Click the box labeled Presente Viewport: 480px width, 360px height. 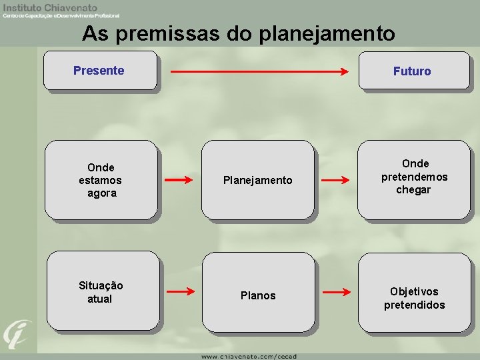tap(100, 70)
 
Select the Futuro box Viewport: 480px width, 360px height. tap(414, 70)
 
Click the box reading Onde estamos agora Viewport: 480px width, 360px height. tap(101, 180)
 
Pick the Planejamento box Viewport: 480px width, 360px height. tap(257, 180)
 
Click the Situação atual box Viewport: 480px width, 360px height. tap(101, 291)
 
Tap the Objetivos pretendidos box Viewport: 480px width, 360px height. tap(414, 292)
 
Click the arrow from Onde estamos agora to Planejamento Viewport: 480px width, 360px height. tap(179, 180)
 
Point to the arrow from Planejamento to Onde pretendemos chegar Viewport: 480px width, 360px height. tap(336, 180)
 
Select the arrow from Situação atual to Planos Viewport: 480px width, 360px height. tap(179, 291)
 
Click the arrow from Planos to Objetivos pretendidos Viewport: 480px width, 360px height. tap(336, 292)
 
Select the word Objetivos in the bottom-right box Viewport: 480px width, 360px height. tap(414, 291)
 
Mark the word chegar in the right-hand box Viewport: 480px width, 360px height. tap(414, 190)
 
